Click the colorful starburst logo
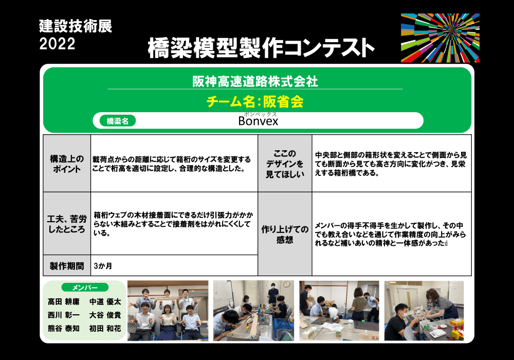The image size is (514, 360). point(440,38)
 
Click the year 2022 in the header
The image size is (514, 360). point(58,44)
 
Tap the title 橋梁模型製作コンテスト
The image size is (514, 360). point(261,48)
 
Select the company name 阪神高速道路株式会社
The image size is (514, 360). point(255,81)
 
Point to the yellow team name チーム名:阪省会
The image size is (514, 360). point(255,102)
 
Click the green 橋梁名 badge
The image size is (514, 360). point(118,121)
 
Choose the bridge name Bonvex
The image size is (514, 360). point(259,121)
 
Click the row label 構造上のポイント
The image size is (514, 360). point(67,164)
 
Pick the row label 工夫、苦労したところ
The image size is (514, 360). point(67,224)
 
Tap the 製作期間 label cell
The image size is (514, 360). point(67,266)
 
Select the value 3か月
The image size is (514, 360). point(103,266)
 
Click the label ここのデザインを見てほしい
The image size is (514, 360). point(285,164)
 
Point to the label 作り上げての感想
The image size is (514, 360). point(285,235)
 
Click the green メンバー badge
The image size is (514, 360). point(85,287)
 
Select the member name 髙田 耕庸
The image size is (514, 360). point(64,302)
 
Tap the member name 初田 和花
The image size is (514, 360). point(105,329)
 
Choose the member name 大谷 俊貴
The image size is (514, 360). point(105,315)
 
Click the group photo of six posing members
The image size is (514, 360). point(168,311)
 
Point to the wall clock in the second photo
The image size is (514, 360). point(286,284)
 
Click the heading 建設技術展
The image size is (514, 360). point(76,26)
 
